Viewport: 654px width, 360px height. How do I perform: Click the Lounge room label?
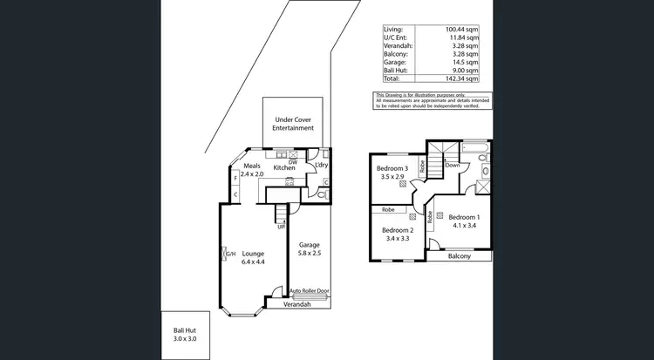coord(253,254)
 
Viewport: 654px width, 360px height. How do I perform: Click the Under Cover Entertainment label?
coord(293,123)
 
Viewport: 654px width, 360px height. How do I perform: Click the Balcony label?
coord(459,256)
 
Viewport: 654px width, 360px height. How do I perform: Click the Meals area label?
coord(252,166)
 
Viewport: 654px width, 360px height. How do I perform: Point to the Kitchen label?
coord(284,166)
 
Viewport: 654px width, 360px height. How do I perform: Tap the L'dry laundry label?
coord(320,165)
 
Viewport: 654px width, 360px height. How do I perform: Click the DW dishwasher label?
coord(293,161)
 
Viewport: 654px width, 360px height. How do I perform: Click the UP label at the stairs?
coord(281,227)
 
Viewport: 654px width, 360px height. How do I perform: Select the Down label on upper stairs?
coord(453,165)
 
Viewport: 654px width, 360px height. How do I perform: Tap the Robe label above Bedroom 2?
coord(388,210)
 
